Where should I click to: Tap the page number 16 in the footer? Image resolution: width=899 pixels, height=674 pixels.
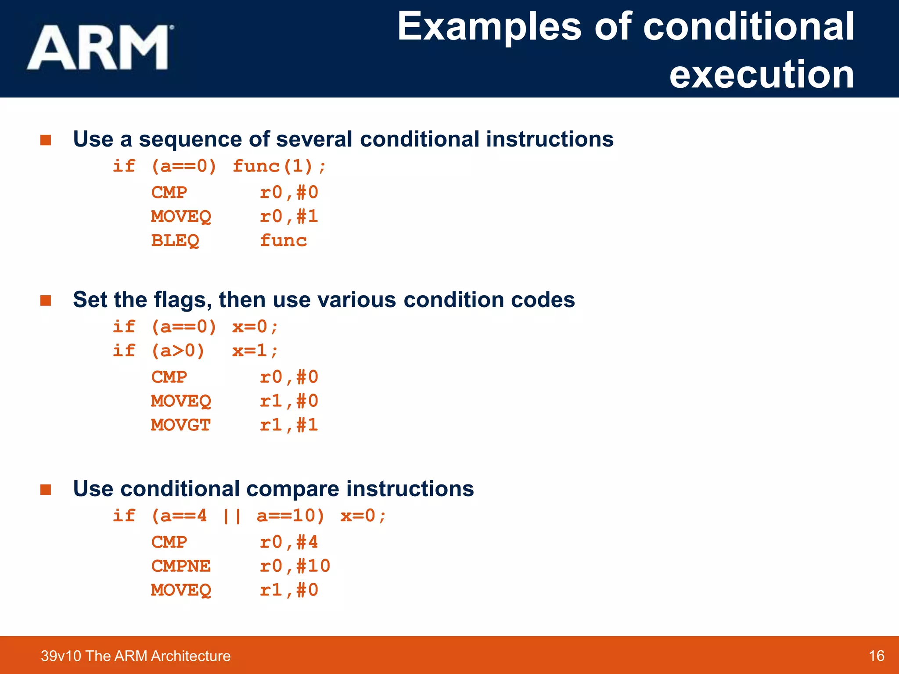point(876,656)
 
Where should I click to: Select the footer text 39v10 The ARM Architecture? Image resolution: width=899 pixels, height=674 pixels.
point(136,656)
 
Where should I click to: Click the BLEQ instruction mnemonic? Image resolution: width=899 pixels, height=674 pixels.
point(175,240)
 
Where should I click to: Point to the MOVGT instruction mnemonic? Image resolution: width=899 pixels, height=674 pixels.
point(181,425)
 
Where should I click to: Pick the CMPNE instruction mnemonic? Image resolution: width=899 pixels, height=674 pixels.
point(181,566)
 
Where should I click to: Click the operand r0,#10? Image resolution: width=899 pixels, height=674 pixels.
point(295,566)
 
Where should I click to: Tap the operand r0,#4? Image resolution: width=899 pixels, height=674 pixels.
point(288,542)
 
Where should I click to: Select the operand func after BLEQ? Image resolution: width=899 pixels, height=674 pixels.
point(283,240)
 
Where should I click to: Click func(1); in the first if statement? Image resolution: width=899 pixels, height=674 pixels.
point(279,166)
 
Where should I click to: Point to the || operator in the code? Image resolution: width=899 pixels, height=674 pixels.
point(231,516)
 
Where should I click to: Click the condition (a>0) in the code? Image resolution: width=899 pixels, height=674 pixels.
point(178,351)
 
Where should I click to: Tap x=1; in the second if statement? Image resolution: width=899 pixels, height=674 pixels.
point(255,351)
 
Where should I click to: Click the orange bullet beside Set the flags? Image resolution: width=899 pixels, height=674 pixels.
point(46,301)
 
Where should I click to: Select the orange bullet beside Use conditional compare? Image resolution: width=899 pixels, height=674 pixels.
point(46,489)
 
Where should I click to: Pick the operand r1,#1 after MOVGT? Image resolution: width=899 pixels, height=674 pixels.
point(288,425)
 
